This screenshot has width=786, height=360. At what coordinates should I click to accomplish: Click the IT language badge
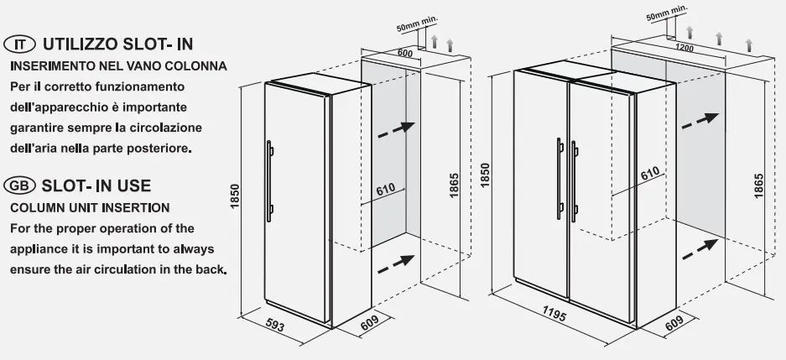pos(19,44)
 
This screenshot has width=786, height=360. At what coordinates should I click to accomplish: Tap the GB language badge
pos(19,185)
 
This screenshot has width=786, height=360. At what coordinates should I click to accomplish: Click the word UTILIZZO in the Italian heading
pos(80,44)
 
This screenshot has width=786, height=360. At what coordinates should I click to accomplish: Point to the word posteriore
pos(163,149)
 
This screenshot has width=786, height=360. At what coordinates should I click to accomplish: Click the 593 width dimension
pos(273,326)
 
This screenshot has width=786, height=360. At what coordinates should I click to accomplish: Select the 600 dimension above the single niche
pos(404,53)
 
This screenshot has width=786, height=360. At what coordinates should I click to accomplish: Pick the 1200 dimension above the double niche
pos(684,48)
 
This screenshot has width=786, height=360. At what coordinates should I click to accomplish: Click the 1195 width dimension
pos(554,314)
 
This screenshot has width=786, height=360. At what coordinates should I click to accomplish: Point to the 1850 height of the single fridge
pos(235,196)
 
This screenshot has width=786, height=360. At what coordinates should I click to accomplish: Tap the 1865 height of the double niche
pos(758,185)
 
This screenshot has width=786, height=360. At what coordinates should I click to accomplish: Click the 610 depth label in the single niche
pos(386,190)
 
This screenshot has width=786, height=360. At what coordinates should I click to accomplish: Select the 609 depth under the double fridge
pos(674,323)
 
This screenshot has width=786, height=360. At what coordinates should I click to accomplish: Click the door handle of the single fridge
pos(269,181)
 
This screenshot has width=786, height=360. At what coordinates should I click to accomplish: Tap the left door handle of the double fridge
pos(560,179)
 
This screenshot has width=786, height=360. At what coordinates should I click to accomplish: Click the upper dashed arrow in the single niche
pos(396,129)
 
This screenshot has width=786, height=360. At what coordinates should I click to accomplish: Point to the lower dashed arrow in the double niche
pos(700,249)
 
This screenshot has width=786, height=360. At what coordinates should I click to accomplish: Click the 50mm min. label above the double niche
pos(667,13)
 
